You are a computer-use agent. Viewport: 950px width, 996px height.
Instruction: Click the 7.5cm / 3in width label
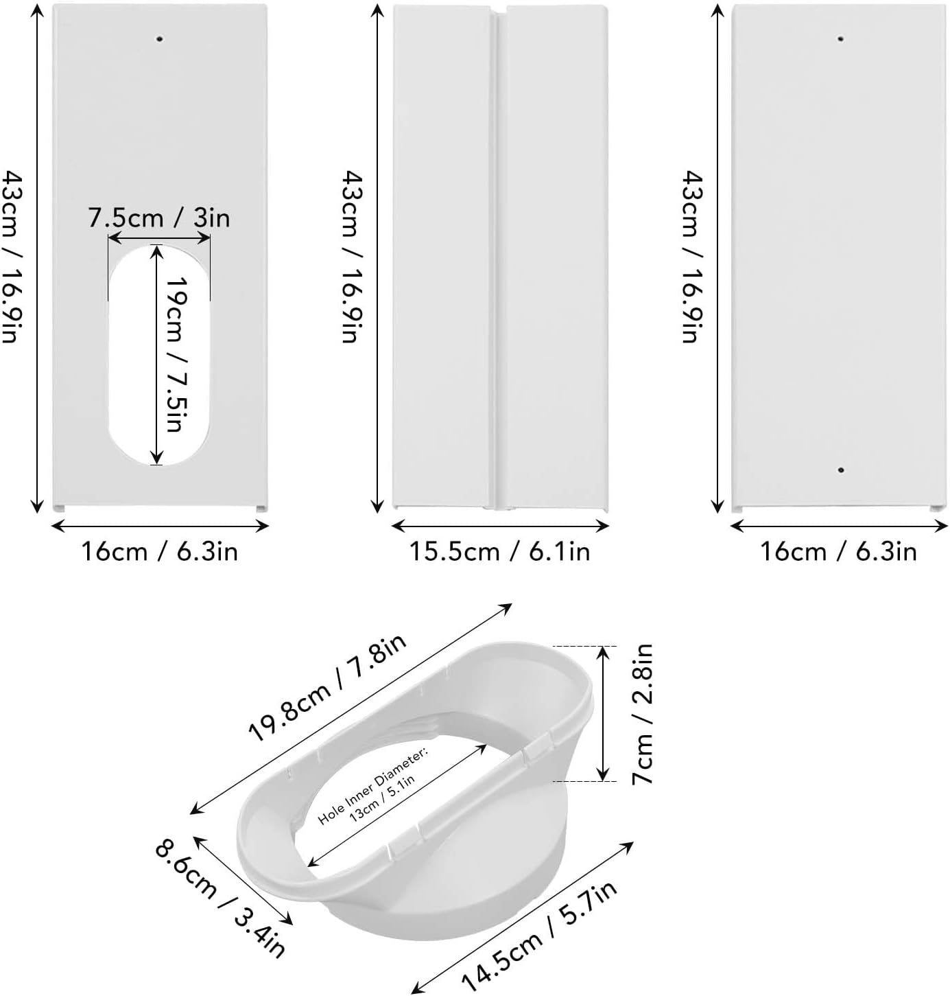pyautogui.click(x=159, y=218)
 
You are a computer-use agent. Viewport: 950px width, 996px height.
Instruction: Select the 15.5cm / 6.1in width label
pyautogui.click(x=499, y=551)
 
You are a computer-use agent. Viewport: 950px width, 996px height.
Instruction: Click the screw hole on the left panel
pyautogui.click(x=160, y=38)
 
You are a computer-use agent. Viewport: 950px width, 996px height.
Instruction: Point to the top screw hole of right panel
pyautogui.click(x=841, y=38)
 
